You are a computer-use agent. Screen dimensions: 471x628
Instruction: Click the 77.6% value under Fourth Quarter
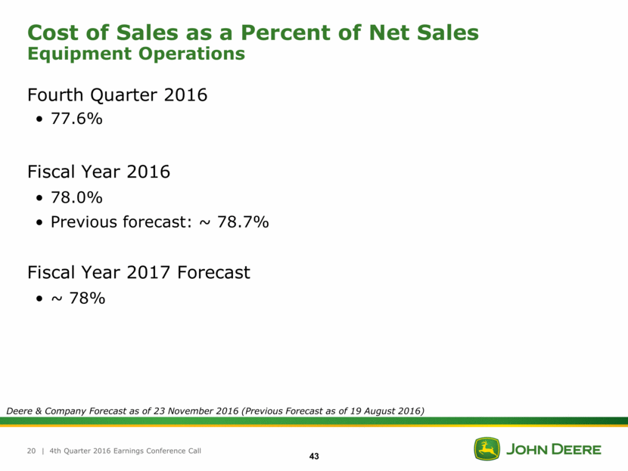(x=76, y=122)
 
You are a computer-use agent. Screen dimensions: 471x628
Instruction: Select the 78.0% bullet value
(x=76, y=197)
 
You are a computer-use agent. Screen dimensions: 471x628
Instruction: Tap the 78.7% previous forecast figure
(x=240, y=222)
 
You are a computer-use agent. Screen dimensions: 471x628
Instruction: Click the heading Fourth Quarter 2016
(x=117, y=96)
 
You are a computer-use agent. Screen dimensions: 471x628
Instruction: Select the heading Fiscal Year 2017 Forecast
(x=138, y=272)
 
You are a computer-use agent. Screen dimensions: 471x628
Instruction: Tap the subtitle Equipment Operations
(x=136, y=54)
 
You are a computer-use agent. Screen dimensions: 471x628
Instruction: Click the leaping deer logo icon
(x=487, y=449)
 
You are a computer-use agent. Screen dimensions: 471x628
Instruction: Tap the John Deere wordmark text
(x=553, y=450)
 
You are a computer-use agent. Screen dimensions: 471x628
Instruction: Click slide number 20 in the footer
(x=32, y=451)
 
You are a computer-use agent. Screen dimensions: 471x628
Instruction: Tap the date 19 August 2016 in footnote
(x=382, y=411)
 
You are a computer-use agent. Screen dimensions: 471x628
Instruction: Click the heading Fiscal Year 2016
(x=98, y=172)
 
